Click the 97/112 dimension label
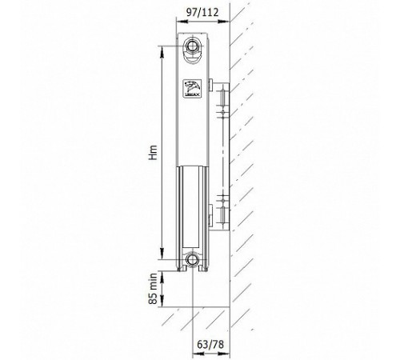click(202, 12)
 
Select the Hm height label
click(153, 153)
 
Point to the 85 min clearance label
click(153, 289)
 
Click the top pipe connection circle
click(191, 46)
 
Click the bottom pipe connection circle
click(191, 259)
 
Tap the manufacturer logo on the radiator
click(193, 88)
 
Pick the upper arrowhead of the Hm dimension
click(162, 52)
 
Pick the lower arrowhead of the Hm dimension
click(162, 254)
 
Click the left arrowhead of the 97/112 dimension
click(182, 22)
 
